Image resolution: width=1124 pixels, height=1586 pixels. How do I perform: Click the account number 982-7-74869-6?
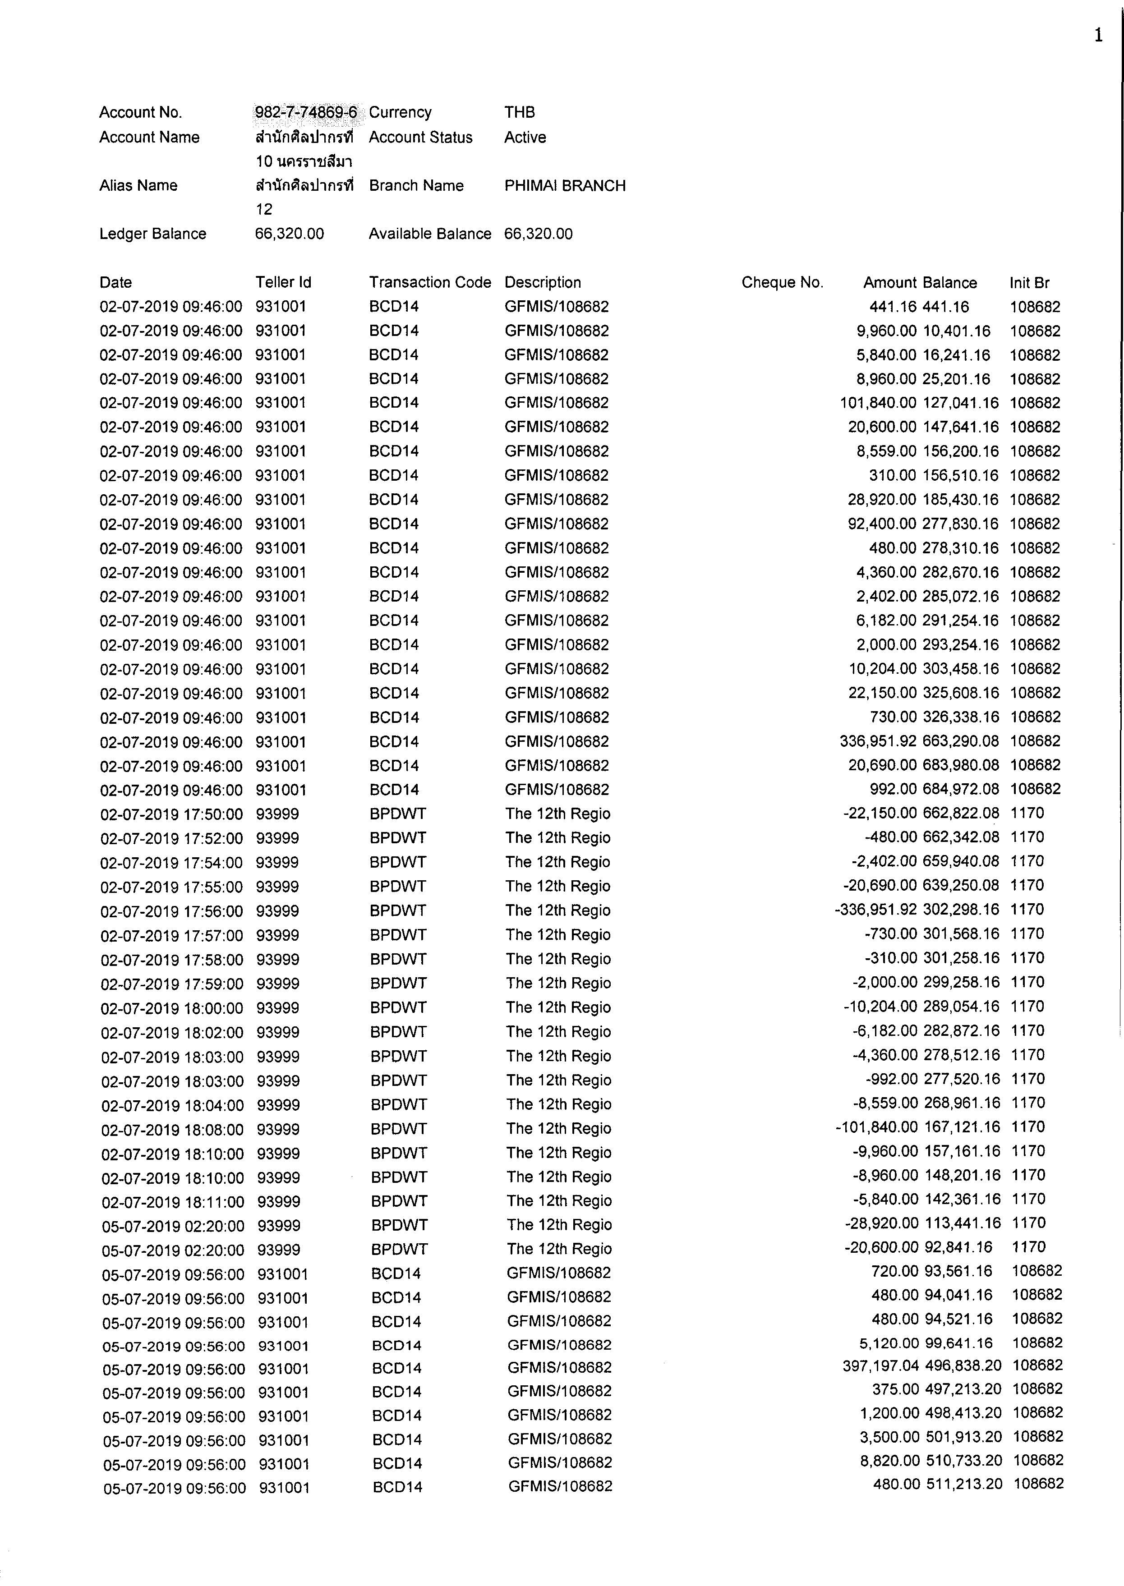306,112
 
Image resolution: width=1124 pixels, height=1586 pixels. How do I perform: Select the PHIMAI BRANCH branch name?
565,185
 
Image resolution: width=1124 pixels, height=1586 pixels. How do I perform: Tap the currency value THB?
519,112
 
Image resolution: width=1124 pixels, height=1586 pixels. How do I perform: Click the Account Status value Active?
525,137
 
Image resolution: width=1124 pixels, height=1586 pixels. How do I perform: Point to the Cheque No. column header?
782,282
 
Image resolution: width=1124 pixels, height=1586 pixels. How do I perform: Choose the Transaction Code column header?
430,282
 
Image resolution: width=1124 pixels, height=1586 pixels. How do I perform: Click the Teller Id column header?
283,282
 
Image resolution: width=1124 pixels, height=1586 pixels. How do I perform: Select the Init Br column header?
1029,282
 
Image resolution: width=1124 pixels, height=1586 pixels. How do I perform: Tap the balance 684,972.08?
961,789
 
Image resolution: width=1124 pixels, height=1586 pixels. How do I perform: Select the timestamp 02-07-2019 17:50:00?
172,814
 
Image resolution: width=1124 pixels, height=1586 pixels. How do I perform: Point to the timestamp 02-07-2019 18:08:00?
172,1129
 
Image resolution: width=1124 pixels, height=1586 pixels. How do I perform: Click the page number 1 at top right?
1098,36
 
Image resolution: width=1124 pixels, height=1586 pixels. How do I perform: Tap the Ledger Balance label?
153,234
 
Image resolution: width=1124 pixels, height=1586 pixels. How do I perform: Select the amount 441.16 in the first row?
892,307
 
